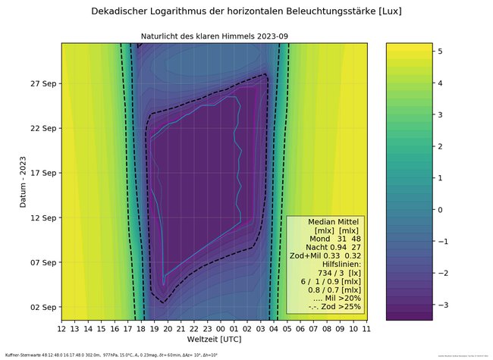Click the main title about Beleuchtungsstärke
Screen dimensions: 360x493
[246, 11]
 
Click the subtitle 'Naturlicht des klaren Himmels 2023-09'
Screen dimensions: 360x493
[215, 36]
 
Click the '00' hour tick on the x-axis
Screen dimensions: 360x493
[221, 329]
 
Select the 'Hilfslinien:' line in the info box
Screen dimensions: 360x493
[336, 263]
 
